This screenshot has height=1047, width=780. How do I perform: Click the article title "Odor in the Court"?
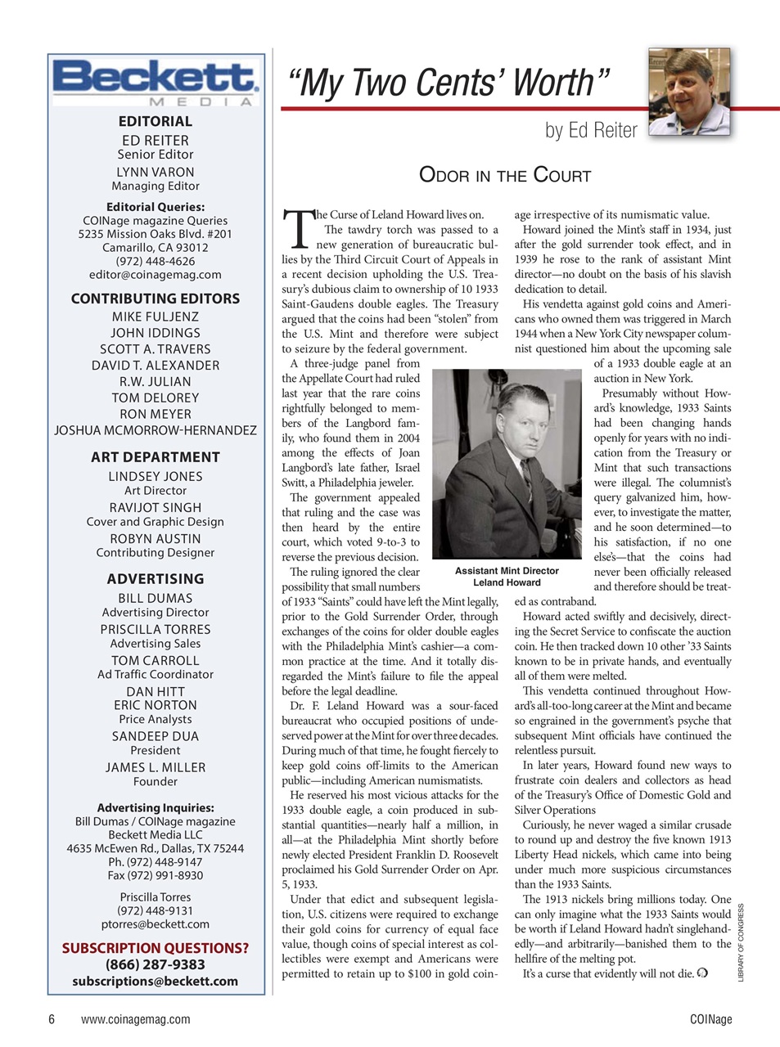[504, 174]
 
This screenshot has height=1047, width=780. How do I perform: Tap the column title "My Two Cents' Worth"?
[449, 83]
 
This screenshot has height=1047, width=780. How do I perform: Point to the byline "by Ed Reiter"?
[591, 130]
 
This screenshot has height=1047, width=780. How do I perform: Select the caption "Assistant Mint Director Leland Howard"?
[507, 577]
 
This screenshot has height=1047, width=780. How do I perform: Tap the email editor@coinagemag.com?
[156, 275]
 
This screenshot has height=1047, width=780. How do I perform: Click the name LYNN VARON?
[156, 172]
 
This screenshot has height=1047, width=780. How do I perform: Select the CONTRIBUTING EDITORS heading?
[156, 299]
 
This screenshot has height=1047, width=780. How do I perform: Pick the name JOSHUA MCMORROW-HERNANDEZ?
[156, 430]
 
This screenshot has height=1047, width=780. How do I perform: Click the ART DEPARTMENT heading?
[156, 457]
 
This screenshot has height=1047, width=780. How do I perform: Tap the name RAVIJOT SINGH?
[156, 507]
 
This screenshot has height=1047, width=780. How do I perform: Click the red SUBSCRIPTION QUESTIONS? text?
[156, 948]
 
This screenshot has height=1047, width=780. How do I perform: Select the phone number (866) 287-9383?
[156, 964]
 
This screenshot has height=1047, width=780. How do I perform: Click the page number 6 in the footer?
[52, 1019]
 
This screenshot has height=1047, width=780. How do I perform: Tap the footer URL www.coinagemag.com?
[136, 1019]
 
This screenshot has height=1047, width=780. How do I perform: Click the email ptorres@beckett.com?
[156, 924]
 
